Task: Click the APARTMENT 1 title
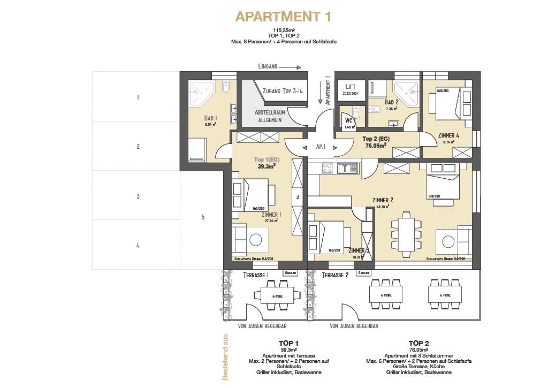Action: pyautogui.click(x=283, y=17)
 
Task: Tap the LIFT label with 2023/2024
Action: pyautogui.click(x=351, y=89)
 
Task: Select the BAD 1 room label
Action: pyautogui.click(x=210, y=119)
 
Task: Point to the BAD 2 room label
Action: pyautogui.click(x=391, y=102)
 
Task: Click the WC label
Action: pyautogui.click(x=349, y=121)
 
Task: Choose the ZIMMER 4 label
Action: pyautogui.click(x=448, y=135)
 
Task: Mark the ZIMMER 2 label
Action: pyautogui.click(x=383, y=200)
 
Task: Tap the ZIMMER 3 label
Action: pyautogui.click(x=359, y=250)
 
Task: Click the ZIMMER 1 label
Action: pyautogui.click(x=272, y=215)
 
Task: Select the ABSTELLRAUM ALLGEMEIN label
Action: pyautogui.click(x=269, y=116)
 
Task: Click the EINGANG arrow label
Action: pyautogui.click(x=279, y=67)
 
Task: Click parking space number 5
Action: pyautogui.click(x=203, y=217)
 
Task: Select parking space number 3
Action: pyautogui.click(x=138, y=196)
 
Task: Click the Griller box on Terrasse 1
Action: pyautogui.click(x=290, y=273)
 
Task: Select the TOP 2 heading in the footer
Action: pyautogui.click(x=419, y=343)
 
